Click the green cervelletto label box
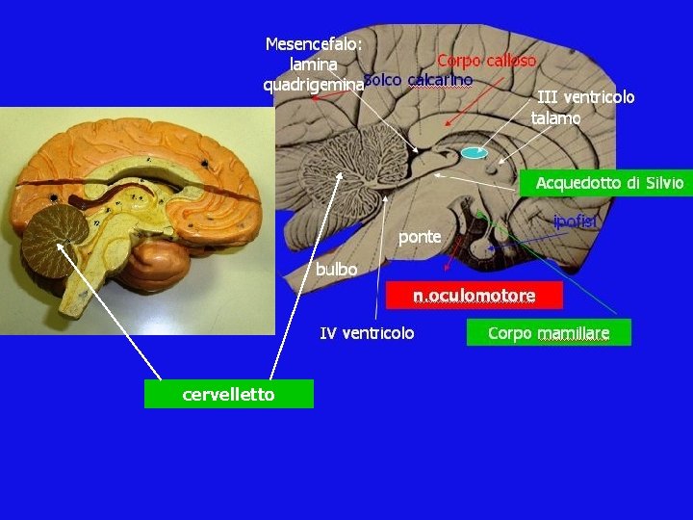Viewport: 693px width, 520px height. (229, 394)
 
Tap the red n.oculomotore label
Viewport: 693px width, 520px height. (474, 296)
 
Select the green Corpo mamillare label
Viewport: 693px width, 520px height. (548, 333)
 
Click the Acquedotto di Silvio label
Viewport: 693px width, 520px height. (609, 182)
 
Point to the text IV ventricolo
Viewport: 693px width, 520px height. (367, 333)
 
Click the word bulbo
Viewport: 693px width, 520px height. (336, 270)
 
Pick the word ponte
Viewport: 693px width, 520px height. (420, 236)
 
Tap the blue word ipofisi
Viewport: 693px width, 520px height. (576, 222)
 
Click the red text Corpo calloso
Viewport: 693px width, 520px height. (486, 61)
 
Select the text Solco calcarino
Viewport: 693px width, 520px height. (419, 80)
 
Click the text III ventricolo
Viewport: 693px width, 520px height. (585, 96)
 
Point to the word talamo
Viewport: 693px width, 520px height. (555, 118)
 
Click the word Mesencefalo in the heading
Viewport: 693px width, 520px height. (313, 44)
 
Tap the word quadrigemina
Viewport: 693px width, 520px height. (313, 85)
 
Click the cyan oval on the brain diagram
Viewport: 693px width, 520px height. (474, 152)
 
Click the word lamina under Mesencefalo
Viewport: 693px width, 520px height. (313, 65)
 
